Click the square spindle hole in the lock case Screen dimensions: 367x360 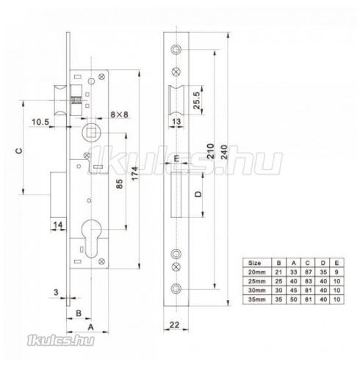(x=93, y=134)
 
